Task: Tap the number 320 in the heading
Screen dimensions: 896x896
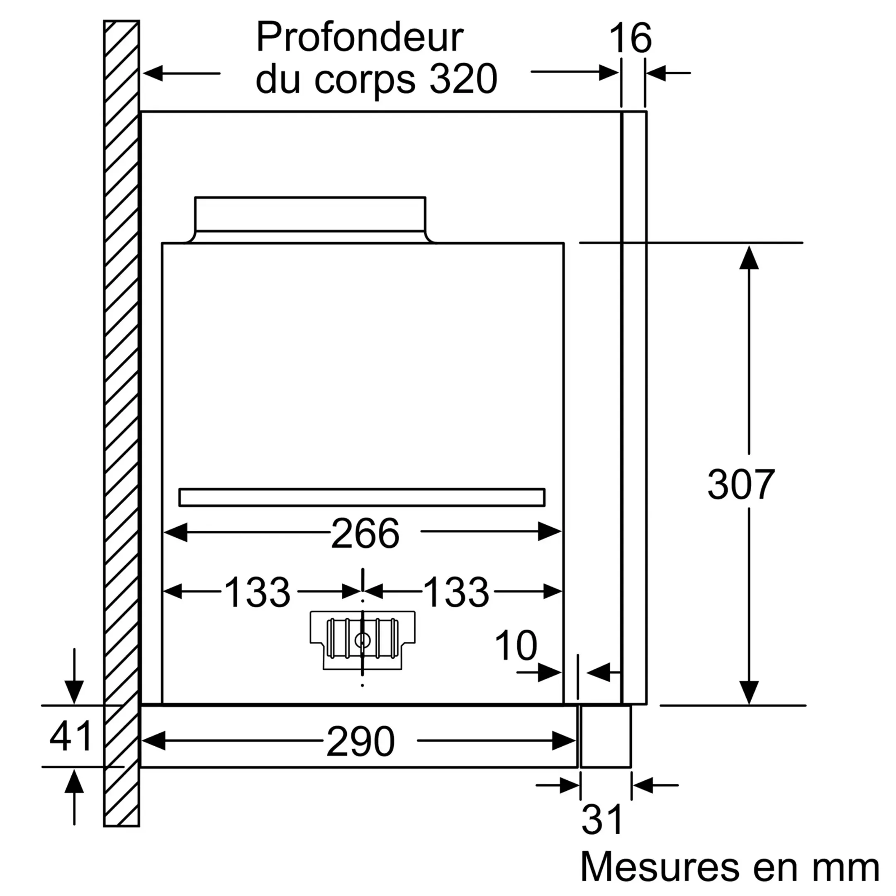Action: coord(463,79)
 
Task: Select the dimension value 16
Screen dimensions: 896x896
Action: coord(630,38)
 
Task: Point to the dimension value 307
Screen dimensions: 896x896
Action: coord(740,485)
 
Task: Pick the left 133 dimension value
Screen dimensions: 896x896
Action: coord(257,592)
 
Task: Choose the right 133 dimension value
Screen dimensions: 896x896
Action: coord(456,592)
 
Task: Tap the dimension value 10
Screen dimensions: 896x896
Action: coord(516,645)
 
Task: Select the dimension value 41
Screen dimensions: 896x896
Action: coord(71,736)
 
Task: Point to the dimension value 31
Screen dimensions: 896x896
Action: coord(602,820)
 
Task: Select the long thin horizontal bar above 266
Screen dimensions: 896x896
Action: coord(362,497)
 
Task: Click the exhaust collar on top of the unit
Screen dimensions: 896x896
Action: coord(310,214)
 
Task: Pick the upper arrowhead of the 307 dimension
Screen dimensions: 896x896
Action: coord(748,258)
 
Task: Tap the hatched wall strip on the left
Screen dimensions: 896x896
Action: coord(122,417)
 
